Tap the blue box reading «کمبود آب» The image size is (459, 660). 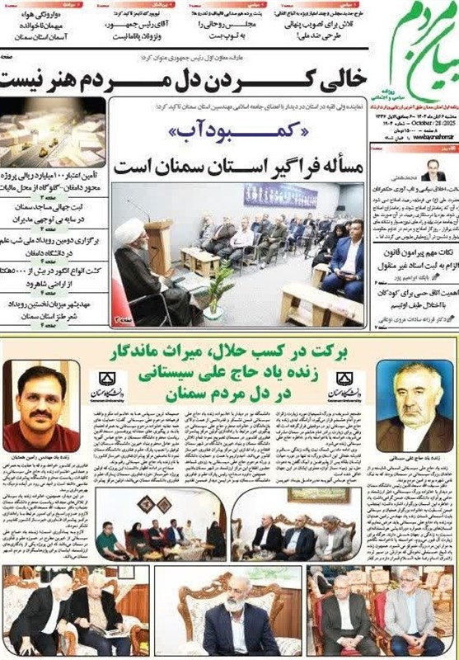click(x=236, y=130)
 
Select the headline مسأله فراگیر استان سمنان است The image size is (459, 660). click(x=236, y=163)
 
